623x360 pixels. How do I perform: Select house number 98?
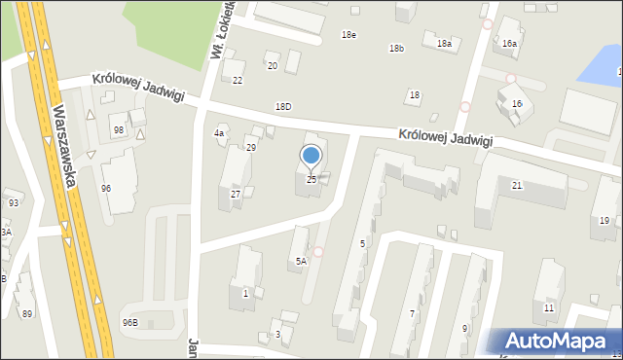119,130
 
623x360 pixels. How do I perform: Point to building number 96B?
129,322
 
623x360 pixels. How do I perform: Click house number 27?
236,195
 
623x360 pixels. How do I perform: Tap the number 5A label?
302,261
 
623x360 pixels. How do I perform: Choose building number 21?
517,185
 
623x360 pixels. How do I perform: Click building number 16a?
509,44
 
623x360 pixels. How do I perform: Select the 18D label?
282,106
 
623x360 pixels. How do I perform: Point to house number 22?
238,80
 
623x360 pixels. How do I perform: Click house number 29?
251,147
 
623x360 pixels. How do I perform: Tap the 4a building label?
220,133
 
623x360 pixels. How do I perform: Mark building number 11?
549,307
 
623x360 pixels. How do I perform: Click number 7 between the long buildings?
412,313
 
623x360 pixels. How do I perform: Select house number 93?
14,202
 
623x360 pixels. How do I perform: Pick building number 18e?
348,35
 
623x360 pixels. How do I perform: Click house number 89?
27,312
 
